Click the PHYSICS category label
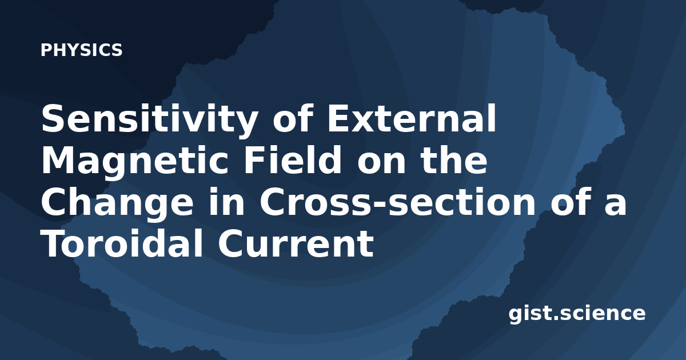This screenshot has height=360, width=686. coord(81,50)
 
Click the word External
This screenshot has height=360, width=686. coord(412,118)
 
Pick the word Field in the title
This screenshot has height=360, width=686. coord(293,159)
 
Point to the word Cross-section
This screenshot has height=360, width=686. coord(397,202)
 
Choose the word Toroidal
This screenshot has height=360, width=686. coord(122,243)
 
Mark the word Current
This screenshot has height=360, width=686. coord(296,243)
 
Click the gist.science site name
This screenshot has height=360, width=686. coord(577,314)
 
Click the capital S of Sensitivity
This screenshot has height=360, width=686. coord(54,118)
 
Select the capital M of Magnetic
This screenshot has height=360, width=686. coord(58,159)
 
